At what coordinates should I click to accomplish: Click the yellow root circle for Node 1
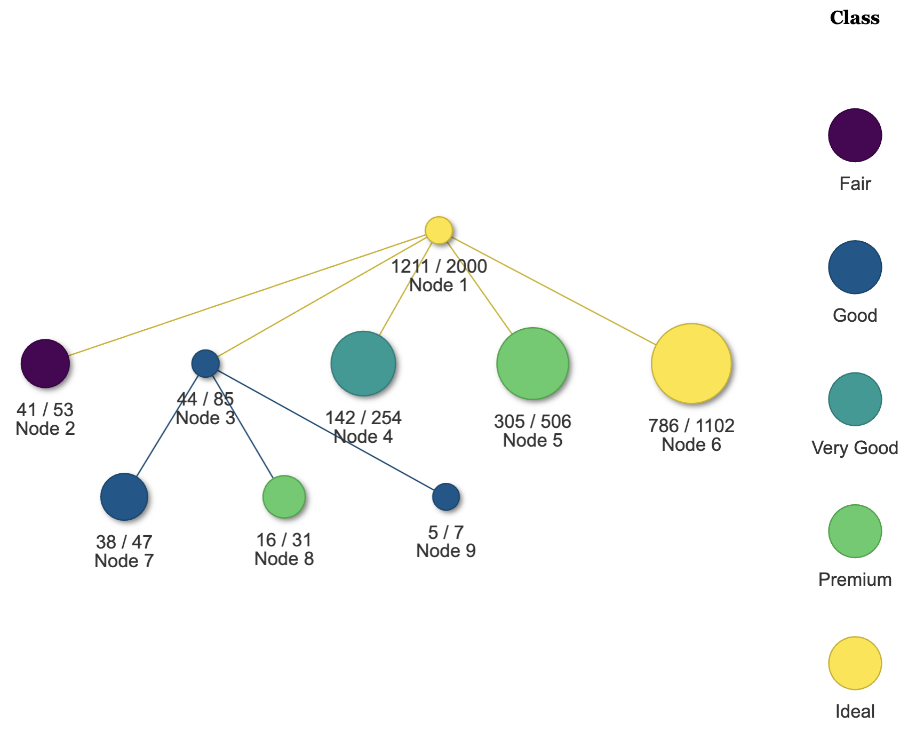[439, 230]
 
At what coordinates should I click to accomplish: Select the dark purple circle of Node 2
[45, 363]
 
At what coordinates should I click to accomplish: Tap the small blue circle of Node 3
[205, 363]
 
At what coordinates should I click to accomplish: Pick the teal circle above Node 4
[363, 363]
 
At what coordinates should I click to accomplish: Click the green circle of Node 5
[532, 363]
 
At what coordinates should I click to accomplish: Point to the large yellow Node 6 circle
[691, 363]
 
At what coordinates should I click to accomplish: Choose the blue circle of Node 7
[124, 497]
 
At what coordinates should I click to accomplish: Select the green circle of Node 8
[284, 497]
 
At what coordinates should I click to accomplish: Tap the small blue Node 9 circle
[446, 497]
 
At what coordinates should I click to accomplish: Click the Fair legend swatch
[855, 135]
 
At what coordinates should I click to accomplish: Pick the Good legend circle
[855, 267]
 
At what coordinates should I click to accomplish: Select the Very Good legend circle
[855, 399]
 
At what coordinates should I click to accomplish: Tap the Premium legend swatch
[855, 531]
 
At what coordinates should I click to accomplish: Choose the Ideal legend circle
[855, 663]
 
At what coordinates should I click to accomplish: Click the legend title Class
[855, 18]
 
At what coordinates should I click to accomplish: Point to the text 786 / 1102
[691, 426]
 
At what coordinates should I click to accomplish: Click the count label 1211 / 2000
[439, 266]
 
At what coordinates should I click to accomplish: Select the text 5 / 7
[446, 532]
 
